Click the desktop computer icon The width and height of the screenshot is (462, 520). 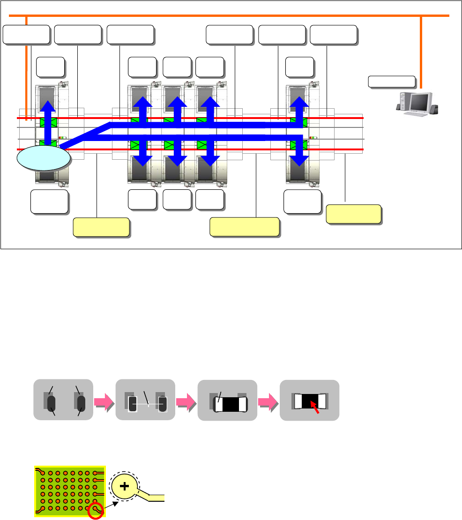coord(418,104)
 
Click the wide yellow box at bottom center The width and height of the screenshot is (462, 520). coord(244,227)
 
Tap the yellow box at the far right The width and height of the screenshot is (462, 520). coord(353,214)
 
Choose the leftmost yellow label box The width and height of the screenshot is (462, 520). coord(101,227)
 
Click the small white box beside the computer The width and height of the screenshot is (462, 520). coord(392,82)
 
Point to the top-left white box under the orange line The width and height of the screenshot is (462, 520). coord(26,35)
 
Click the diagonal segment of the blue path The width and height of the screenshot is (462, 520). coord(84,136)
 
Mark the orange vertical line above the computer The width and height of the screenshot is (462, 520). coord(421,52)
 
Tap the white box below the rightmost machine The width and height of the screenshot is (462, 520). coord(302,201)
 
